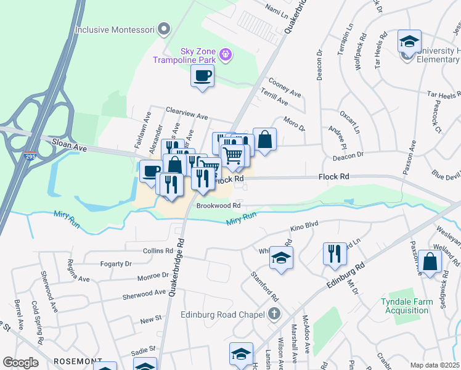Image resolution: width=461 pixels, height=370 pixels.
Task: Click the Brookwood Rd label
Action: click(218, 205)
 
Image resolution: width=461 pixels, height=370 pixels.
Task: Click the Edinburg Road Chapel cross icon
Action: click(275, 314)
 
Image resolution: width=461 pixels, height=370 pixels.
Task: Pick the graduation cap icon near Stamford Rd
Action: click(281, 258)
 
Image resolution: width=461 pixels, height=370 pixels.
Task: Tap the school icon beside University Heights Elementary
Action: click(408, 41)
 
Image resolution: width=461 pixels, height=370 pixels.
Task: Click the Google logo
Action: click(20, 363)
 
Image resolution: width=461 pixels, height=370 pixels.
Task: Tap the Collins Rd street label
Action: click(158, 251)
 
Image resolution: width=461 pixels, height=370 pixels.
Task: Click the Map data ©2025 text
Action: click(434, 364)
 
